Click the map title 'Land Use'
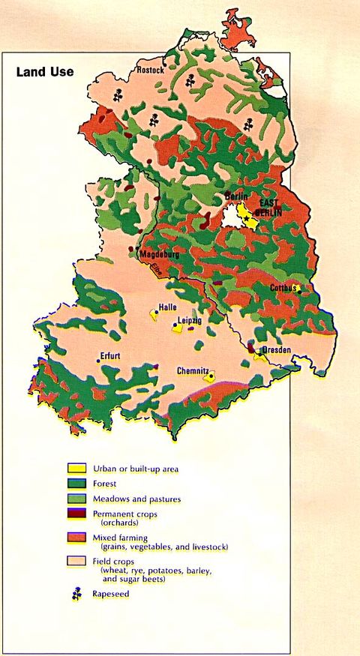(x=45, y=72)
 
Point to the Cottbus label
(x=284, y=288)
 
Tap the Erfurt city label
(x=110, y=355)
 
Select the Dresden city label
(x=275, y=350)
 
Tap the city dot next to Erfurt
(x=98, y=361)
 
